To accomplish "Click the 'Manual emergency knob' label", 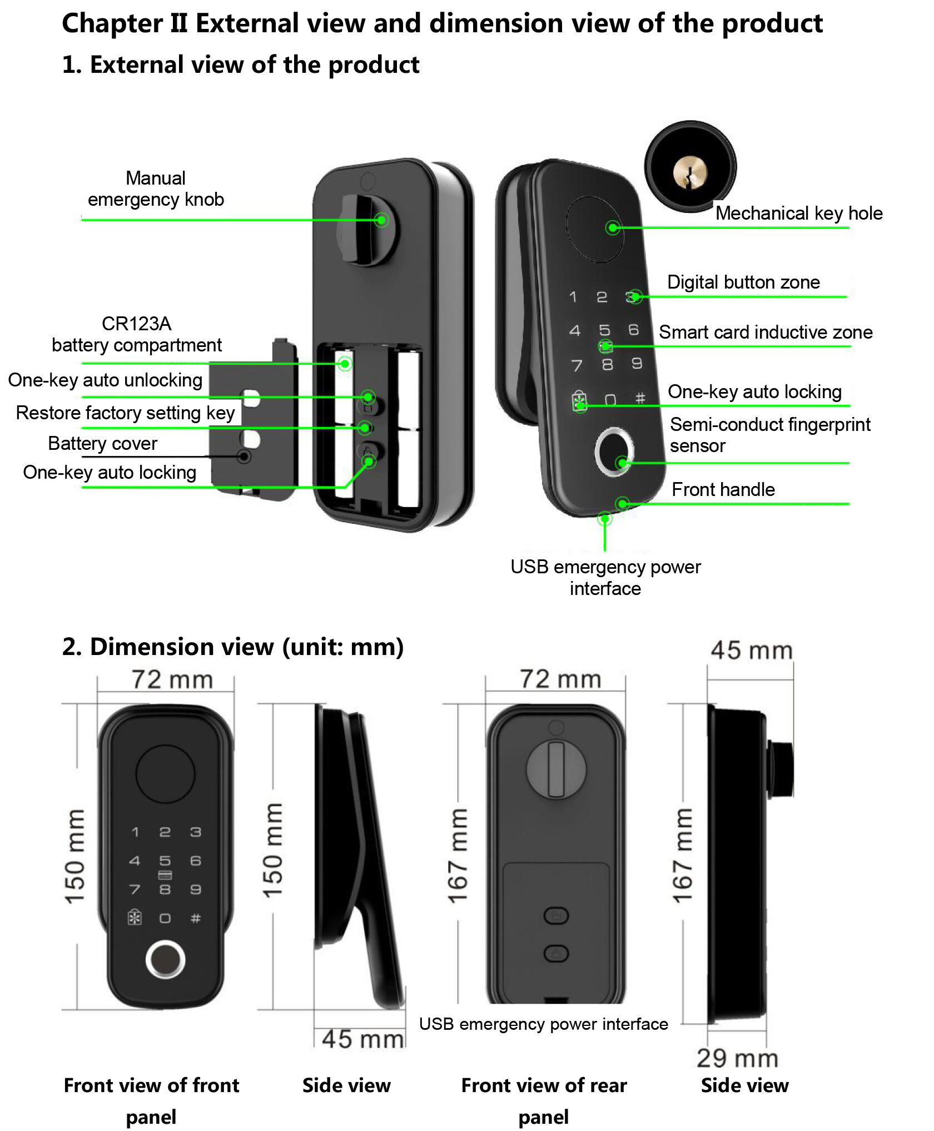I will (156, 189).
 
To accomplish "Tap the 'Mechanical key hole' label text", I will (798, 214).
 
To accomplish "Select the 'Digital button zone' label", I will (743, 282).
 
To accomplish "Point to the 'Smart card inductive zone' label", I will (766, 333).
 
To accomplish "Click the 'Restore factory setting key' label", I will (125, 413).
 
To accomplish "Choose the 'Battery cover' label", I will (102, 444).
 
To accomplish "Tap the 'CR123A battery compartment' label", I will (137, 335).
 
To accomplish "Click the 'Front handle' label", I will (723, 490).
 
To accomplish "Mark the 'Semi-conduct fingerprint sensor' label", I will (769, 435).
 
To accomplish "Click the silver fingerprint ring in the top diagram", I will (613, 451).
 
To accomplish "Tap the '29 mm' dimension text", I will (737, 1058).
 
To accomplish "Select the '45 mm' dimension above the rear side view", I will (751, 651).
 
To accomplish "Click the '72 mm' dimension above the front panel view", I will (172, 680).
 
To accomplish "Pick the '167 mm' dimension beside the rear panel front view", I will (458, 856).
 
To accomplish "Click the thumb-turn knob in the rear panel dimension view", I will (556, 770).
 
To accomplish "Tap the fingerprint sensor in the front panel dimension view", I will (165, 959).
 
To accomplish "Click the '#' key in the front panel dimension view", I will (196, 918).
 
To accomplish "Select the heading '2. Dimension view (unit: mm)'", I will (233, 647).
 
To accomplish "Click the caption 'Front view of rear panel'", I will (544, 1100).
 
